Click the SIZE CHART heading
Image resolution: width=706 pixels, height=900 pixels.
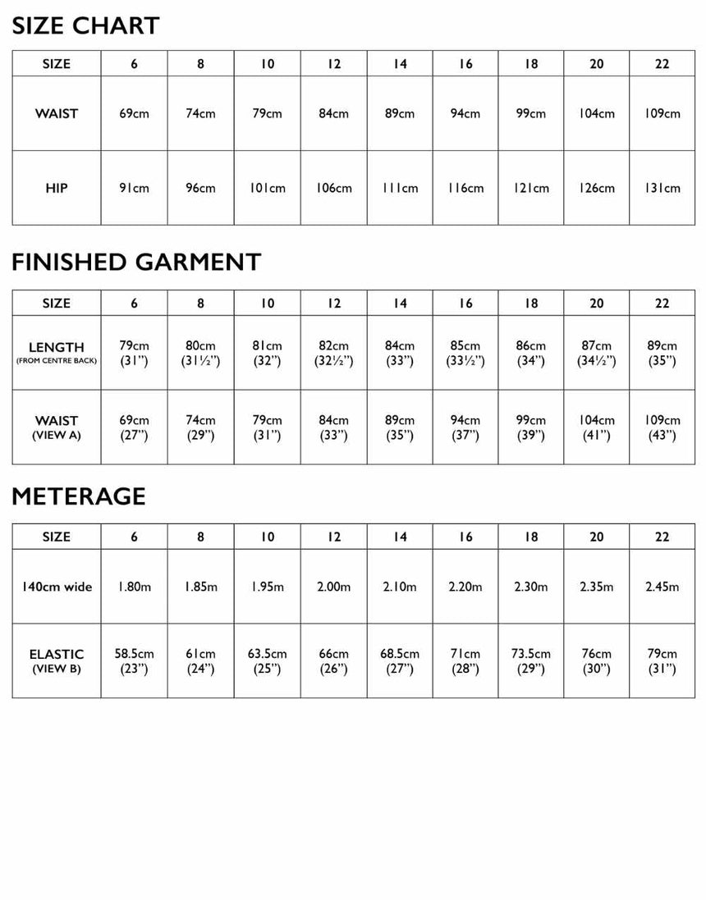point(85,25)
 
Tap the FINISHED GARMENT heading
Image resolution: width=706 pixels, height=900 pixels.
point(136,262)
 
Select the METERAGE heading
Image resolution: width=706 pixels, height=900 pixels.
point(79,496)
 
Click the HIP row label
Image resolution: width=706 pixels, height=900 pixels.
point(57,188)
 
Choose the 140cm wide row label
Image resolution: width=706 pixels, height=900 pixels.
point(57,587)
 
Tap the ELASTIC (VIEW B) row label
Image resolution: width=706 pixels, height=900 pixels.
point(57,660)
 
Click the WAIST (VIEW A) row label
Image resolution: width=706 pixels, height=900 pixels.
point(57,427)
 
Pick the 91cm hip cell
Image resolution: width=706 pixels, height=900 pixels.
point(135,188)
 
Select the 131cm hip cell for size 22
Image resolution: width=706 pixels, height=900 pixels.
point(662,188)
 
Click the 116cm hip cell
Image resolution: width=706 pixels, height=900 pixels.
point(465,188)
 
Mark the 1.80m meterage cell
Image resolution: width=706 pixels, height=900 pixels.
point(135,587)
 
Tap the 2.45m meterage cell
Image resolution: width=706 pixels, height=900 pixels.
point(662,587)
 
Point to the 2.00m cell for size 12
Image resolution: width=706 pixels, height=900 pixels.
point(334,587)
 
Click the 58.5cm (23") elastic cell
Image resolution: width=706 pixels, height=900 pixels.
point(135,660)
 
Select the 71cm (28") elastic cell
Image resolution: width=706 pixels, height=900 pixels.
point(465,660)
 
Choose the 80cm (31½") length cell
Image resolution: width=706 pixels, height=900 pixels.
point(201,353)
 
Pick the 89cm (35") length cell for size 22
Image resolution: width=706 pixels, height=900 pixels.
point(662,353)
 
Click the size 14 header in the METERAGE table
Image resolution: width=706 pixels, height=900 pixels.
point(400,537)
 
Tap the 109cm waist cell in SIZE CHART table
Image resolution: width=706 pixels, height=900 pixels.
point(662,113)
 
